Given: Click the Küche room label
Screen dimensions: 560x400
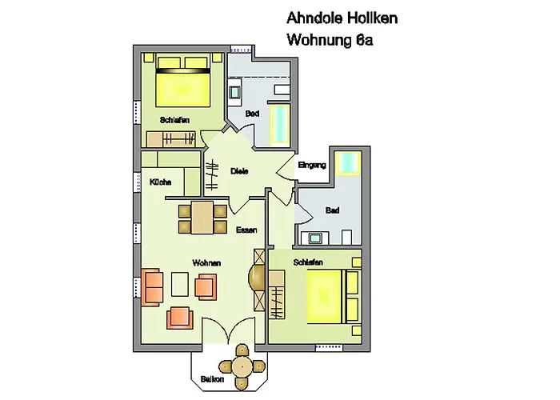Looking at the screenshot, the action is pyautogui.click(x=160, y=182).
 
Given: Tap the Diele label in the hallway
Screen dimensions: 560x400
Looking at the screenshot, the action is pyautogui.click(x=239, y=171).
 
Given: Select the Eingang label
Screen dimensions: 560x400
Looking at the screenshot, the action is pyautogui.click(x=312, y=166).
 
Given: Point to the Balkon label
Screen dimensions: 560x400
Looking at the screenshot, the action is pyautogui.click(x=212, y=379).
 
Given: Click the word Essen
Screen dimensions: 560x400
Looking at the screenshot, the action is pyautogui.click(x=246, y=230).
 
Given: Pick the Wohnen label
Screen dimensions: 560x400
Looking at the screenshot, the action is pyautogui.click(x=206, y=263).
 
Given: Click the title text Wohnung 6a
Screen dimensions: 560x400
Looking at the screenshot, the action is pyautogui.click(x=330, y=40).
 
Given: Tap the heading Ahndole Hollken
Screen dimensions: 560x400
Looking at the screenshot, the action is pyautogui.click(x=342, y=18).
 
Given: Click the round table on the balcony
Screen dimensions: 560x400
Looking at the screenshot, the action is pyautogui.click(x=242, y=366).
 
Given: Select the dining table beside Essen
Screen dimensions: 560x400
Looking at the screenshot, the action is pyautogui.click(x=202, y=218).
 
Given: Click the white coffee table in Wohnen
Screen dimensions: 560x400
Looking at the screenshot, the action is pyautogui.click(x=180, y=284).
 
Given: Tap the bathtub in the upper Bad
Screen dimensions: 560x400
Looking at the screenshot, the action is pyautogui.click(x=280, y=123).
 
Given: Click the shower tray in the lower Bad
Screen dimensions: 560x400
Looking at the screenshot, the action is pyautogui.click(x=348, y=163).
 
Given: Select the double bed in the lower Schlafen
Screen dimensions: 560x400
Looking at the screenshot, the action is pyautogui.click(x=333, y=297).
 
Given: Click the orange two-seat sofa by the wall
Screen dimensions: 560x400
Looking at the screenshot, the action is pyautogui.click(x=153, y=288).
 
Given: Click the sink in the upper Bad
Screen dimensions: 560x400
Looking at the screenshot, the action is pyautogui.click(x=234, y=93).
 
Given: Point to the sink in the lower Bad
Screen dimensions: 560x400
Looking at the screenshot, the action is pyautogui.click(x=315, y=238).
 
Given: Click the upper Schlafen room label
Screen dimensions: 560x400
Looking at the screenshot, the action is pyautogui.click(x=174, y=120).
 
